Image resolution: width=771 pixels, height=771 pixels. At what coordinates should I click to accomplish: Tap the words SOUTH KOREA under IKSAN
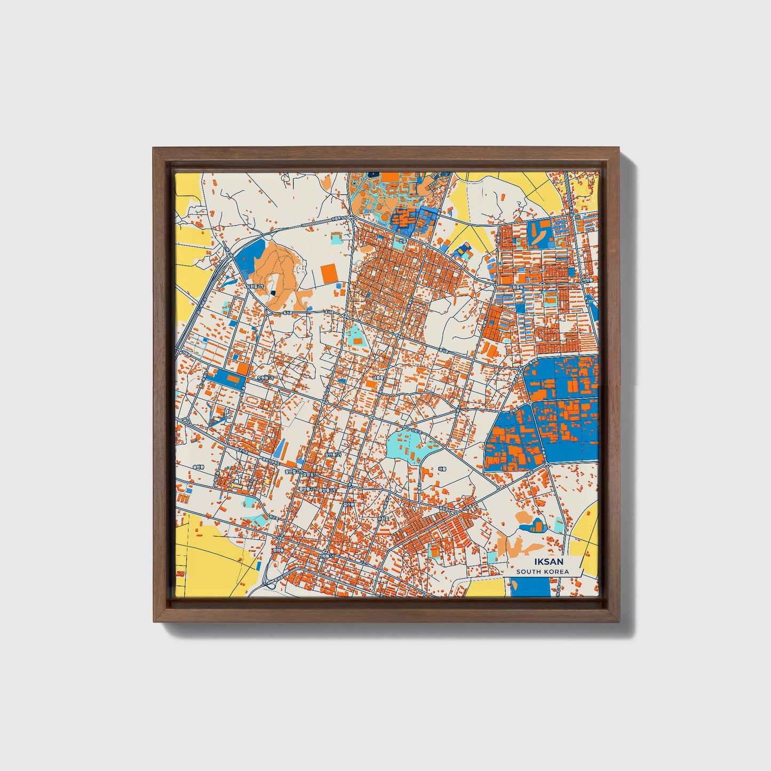(x=542, y=572)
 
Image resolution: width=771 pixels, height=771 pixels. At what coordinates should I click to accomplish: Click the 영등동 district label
(x=517, y=287)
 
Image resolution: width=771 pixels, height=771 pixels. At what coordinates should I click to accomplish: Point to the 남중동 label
(x=378, y=378)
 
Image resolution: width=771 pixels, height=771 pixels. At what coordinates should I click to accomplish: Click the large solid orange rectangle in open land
(x=329, y=274)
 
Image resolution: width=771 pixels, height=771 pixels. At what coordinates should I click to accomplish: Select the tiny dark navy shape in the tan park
(x=272, y=292)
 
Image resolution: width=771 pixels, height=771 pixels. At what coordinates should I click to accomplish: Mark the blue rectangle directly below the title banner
(x=529, y=587)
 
